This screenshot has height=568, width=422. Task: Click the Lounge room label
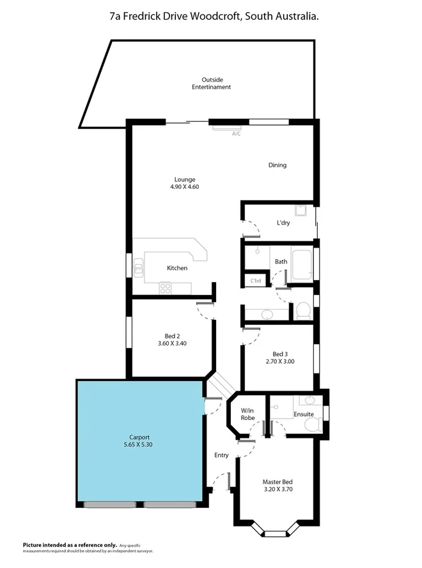185,179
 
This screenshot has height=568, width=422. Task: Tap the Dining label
277,165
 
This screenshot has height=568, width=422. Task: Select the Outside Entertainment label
211,83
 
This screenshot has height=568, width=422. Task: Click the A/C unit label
236,134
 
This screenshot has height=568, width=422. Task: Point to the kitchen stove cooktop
166,287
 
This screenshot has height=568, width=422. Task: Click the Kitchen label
177,268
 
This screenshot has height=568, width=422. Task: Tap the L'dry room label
283,223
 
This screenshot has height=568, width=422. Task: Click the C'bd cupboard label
255,281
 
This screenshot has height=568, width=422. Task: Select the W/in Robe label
247,414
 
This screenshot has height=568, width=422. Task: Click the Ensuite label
304,414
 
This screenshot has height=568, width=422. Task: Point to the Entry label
221,455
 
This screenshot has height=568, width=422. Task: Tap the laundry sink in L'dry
301,211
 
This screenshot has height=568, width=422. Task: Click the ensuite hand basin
310,401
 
